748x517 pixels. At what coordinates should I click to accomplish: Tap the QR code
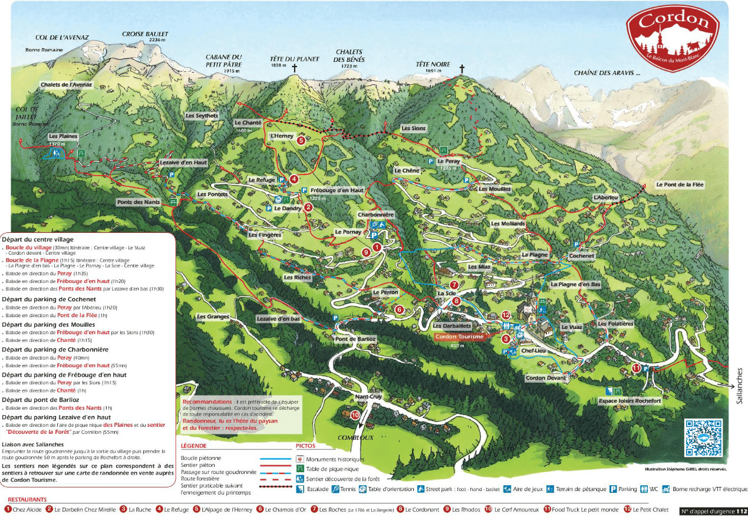click(703, 437)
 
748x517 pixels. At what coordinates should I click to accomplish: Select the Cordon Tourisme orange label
click(459, 337)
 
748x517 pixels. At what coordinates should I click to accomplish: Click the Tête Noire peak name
click(433, 64)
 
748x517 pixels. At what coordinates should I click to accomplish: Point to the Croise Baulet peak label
click(145, 35)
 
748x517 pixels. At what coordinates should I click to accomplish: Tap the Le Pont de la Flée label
click(680, 185)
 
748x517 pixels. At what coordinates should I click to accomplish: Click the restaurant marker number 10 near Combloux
click(355, 415)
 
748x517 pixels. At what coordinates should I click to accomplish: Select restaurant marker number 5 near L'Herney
click(301, 140)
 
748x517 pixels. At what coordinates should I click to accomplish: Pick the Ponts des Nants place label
click(139, 202)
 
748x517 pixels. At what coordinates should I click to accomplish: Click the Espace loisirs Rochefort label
click(630, 401)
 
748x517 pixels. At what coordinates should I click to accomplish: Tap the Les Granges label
click(213, 317)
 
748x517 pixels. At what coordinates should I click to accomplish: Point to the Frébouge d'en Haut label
click(337, 190)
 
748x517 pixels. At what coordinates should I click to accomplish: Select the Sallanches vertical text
click(740, 386)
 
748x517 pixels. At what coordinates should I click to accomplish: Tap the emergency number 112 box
click(713, 511)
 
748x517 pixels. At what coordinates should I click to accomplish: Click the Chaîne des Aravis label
click(607, 73)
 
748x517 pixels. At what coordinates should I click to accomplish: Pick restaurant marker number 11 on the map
click(636, 368)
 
